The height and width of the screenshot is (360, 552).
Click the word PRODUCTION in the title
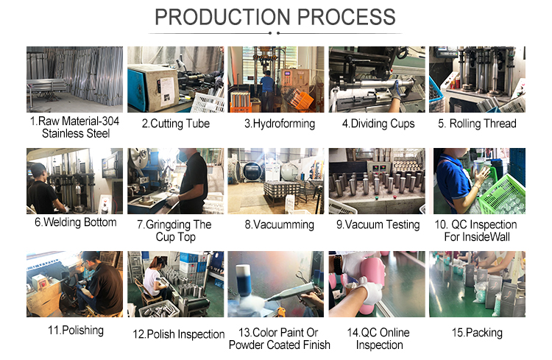[222, 17]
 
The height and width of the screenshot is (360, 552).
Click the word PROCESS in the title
[347, 17]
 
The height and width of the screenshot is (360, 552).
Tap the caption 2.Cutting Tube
[176, 124]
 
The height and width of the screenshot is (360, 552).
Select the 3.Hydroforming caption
[280, 124]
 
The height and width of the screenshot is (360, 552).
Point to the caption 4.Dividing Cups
[378, 124]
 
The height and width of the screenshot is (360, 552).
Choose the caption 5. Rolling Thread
[477, 124]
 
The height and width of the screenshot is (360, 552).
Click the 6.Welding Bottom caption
[75, 222]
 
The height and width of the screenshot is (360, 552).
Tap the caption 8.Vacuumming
[280, 225]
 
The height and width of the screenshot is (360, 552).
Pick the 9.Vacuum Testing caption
[378, 225]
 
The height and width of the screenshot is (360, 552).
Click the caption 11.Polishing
[76, 331]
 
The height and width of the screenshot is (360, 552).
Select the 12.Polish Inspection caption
[179, 334]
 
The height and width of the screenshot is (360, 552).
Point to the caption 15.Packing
[477, 333]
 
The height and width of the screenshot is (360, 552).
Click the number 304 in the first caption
[110, 121]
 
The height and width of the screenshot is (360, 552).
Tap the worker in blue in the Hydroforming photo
[268, 91]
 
